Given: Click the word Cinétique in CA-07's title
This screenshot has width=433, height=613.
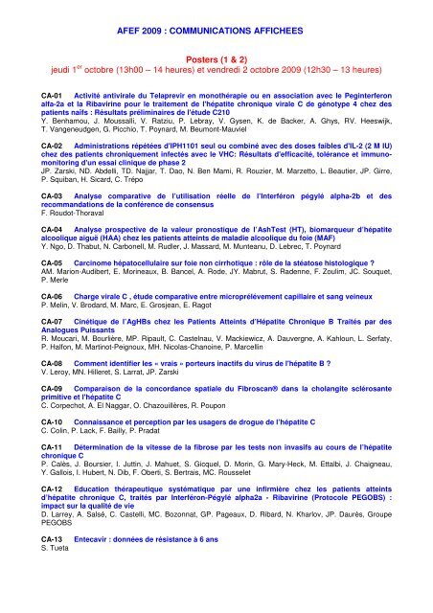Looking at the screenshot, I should click(x=86, y=321).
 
